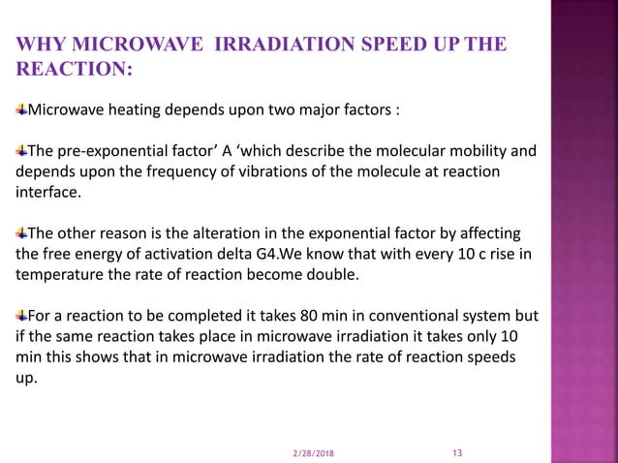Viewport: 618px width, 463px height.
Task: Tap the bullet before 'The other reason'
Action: click(x=21, y=233)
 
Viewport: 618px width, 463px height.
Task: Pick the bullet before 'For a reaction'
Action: click(x=21, y=317)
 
